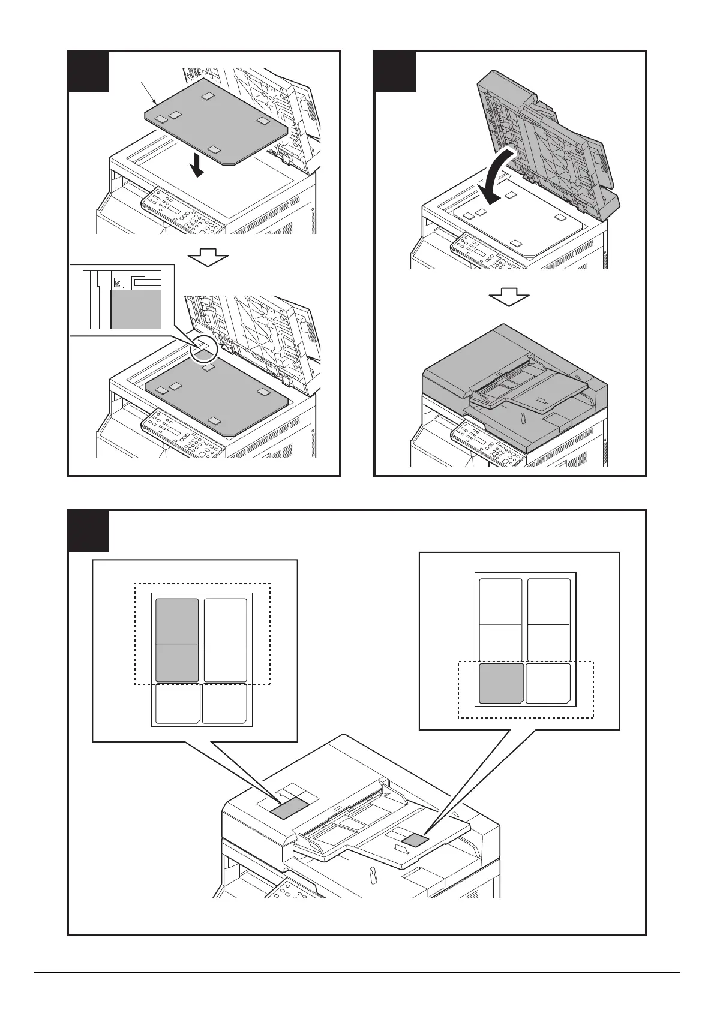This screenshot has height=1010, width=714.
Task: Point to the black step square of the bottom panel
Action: point(88,531)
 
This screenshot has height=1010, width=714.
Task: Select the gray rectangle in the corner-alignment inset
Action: point(136,309)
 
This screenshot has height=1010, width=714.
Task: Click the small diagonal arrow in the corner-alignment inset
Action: point(118,281)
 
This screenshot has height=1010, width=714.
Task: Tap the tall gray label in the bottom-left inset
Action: point(177,640)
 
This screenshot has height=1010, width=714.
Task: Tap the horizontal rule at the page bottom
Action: point(356,972)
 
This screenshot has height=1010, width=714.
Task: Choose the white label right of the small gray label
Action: point(548,683)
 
